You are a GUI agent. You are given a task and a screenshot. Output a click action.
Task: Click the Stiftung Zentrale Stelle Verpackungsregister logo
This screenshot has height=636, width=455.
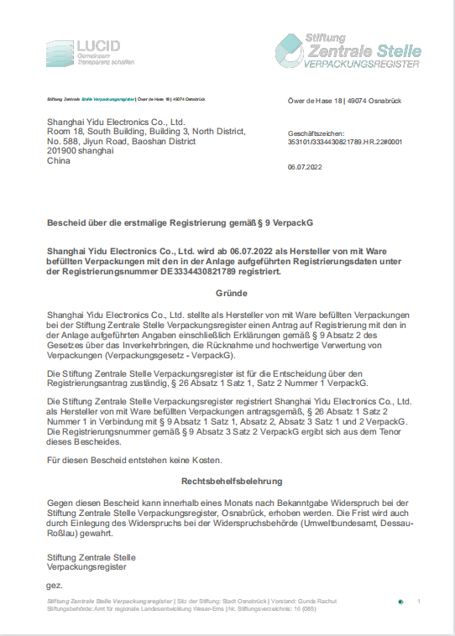348,47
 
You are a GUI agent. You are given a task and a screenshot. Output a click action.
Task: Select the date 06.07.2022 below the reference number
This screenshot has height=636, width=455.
304,168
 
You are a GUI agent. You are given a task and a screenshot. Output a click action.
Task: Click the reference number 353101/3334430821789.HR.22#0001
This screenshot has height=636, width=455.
344,143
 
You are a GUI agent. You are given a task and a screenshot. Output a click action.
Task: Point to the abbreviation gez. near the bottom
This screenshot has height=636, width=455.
54,584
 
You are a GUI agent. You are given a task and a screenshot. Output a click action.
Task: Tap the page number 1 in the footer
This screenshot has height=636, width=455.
418,601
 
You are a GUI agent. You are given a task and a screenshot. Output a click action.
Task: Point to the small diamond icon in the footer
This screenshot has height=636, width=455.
400,602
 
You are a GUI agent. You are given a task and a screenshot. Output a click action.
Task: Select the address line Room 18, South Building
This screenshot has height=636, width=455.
146,131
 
